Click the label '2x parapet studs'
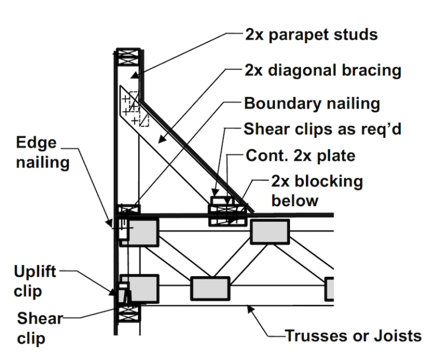point(311,34)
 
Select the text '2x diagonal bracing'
point(321,71)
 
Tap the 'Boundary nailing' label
point(312,104)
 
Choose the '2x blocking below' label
point(316,191)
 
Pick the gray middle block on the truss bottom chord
point(210,289)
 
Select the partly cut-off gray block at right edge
point(330,289)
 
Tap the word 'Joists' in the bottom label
point(396,335)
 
